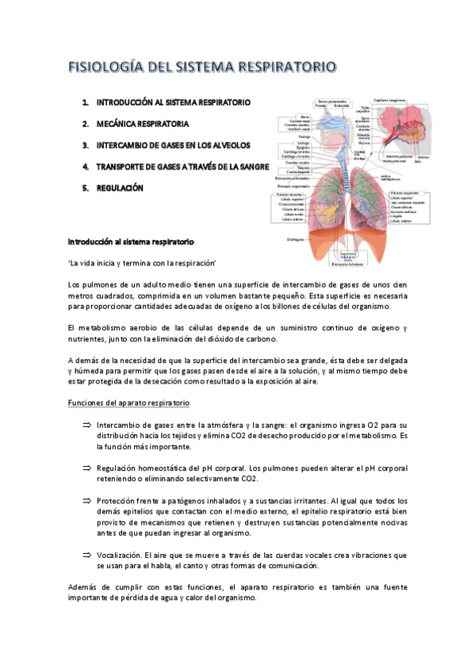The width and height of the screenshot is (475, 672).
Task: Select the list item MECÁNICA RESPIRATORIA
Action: click(x=142, y=124)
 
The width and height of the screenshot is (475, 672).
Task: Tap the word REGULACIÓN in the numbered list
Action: click(x=120, y=188)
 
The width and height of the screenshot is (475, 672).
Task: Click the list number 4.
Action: click(x=85, y=167)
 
